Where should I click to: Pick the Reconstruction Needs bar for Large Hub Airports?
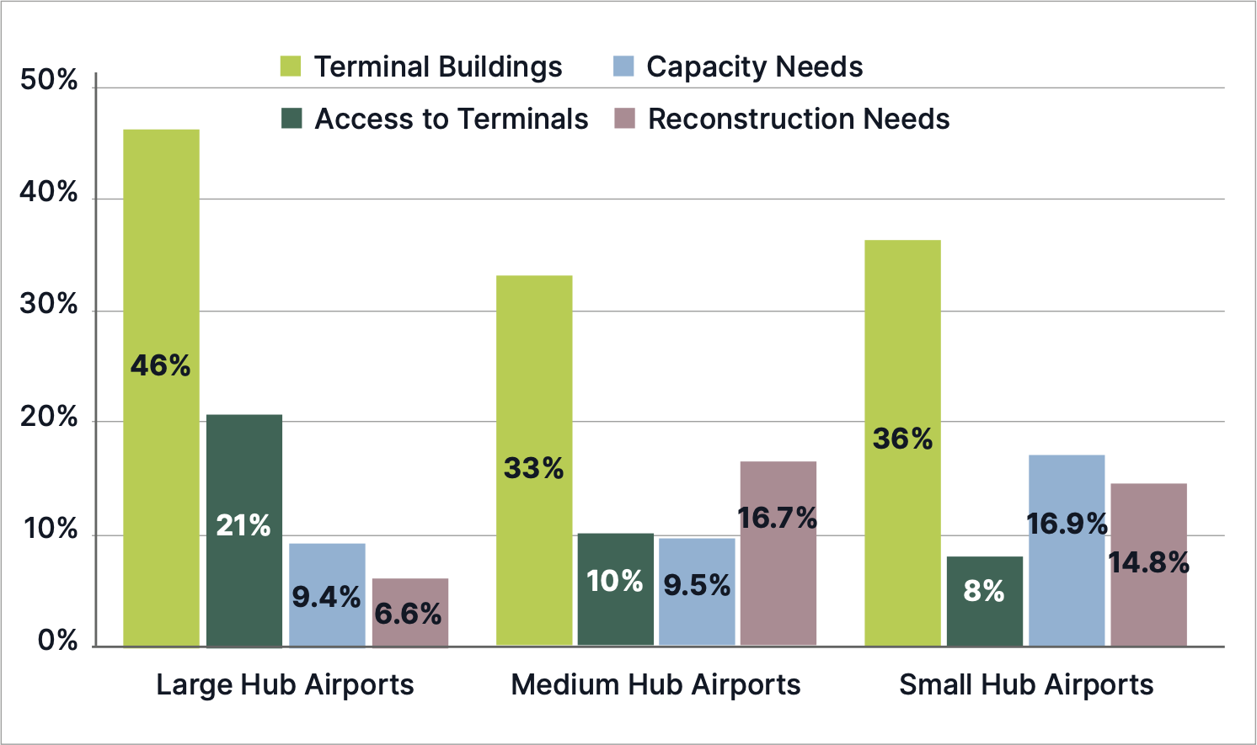tap(409, 631)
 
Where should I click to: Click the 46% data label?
tap(160, 365)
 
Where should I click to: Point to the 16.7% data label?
tap(778, 518)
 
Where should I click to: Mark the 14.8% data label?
tap(1148, 562)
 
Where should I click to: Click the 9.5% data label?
tap(697, 585)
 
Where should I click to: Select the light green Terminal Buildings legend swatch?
tap(291, 67)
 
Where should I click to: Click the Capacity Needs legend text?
tap(754, 67)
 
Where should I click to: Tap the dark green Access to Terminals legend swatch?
tap(292, 119)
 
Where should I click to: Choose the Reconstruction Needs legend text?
tap(799, 119)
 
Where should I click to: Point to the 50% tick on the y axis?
tap(49, 81)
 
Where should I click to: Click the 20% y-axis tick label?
tap(49, 418)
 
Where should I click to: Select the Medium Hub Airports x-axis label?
tap(655, 684)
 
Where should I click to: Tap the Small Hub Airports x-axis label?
tap(1026, 684)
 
